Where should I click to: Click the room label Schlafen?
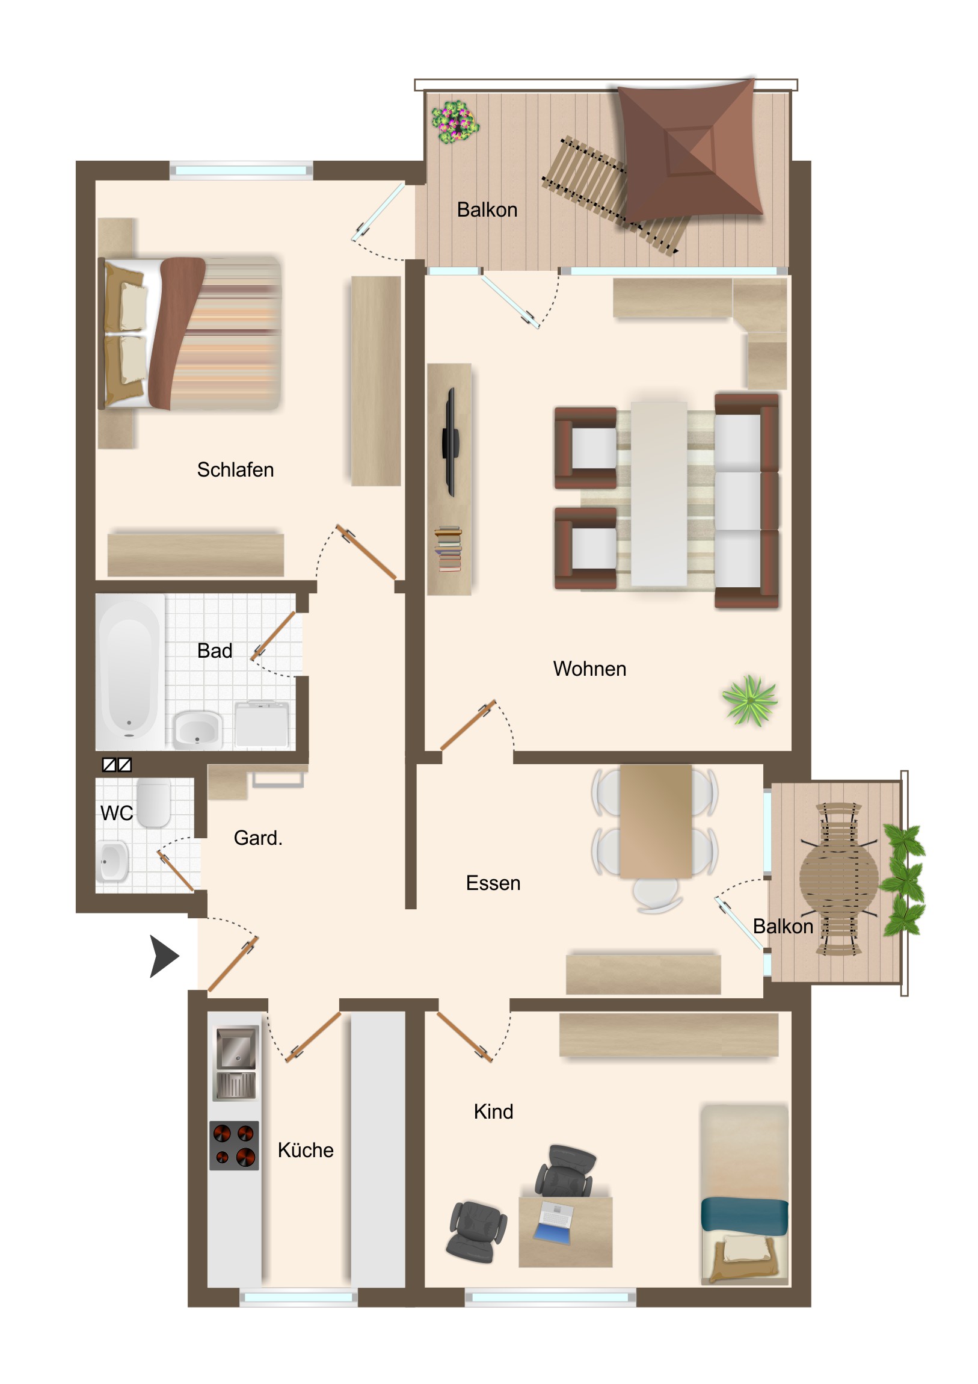click(x=235, y=469)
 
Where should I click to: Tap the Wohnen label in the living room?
click(x=589, y=669)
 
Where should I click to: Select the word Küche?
click(x=306, y=1150)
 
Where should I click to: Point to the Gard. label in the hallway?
click(x=258, y=838)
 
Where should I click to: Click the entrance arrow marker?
click(x=164, y=956)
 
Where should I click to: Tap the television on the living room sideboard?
click(x=450, y=442)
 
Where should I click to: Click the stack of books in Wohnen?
click(x=448, y=549)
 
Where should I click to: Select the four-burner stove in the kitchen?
click(x=235, y=1145)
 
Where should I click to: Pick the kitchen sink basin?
click(x=237, y=1048)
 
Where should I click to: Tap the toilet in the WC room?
click(x=153, y=802)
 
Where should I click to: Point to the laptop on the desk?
click(x=554, y=1223)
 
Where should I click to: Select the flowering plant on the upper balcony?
click(x=455, y=122)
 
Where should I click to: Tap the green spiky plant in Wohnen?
click(x=749, y=701)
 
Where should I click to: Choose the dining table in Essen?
click(x=656, y=821)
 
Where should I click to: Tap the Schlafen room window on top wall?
click(x=241, y=170)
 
